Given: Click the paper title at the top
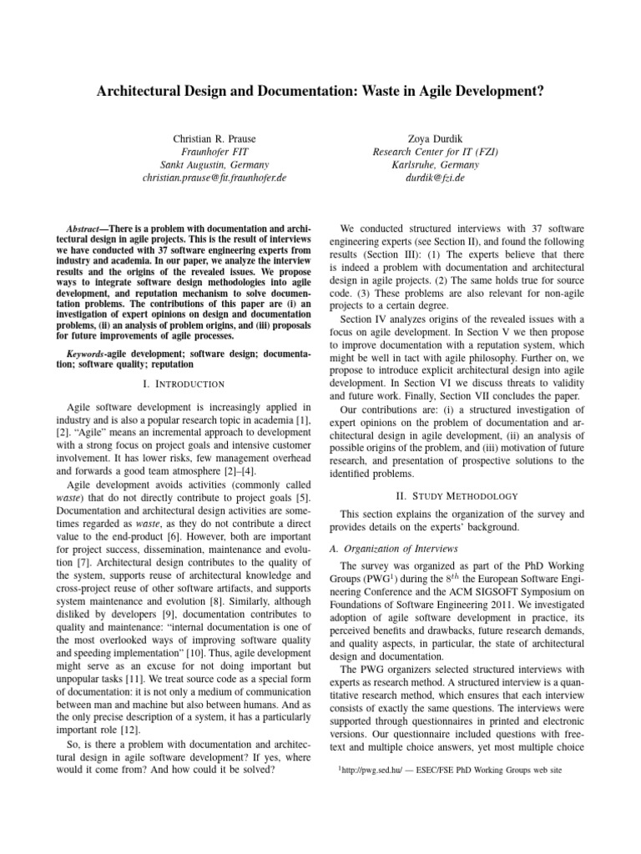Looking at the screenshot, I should (x=320, y=90).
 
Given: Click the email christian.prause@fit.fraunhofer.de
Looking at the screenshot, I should (x=214, y=178).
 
